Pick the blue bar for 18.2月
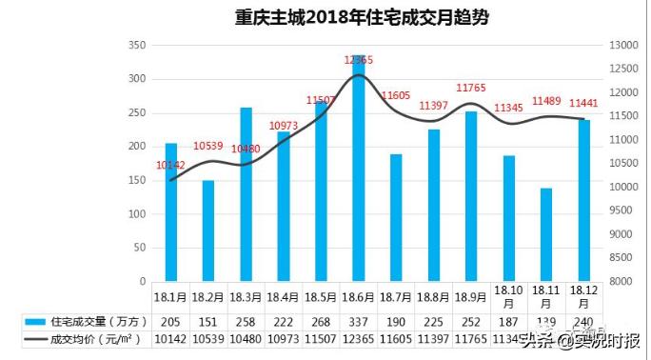pyautogui.click(x=208, y=230)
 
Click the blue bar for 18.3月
pyautogui.click(x=246, y=194)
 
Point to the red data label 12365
pyautogui.click(x=359, y=60)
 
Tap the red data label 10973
pyautogui.click(x=284, y=126)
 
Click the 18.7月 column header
pyautogui.click(x=395, y=297)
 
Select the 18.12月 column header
pyautogui.click(x=582, y=297)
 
